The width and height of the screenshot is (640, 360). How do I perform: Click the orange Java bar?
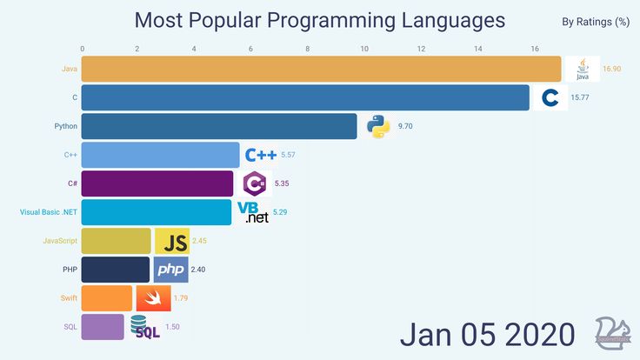[322, 69]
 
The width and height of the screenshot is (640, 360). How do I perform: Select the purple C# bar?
[157, 183]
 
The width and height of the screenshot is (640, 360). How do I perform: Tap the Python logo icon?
[377, 126]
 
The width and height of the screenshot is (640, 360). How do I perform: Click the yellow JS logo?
[173, 241]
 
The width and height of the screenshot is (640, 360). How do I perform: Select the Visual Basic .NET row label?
[49, 212]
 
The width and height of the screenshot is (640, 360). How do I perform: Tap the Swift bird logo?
[153, 297]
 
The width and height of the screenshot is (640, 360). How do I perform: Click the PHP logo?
[170, 270]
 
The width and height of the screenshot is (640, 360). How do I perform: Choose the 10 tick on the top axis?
[363, 48]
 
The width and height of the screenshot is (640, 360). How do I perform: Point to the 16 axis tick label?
[533, 48]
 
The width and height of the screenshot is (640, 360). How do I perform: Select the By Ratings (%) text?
[596, 22]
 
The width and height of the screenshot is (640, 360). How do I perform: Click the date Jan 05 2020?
[487, 334]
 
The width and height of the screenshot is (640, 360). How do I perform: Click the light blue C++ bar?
[160, 155]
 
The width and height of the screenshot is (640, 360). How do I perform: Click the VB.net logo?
[253, 212]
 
